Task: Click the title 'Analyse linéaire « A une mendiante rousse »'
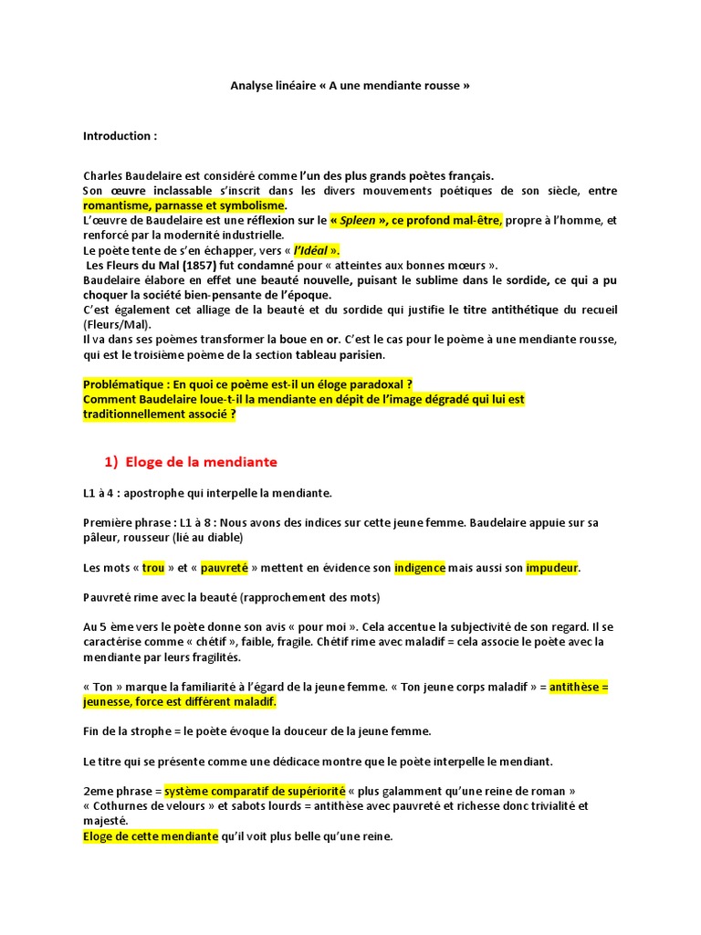click(350, 86)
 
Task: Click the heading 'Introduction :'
click(120, 136)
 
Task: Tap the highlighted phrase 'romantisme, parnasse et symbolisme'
click(184, 205)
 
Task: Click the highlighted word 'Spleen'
click(358, 220)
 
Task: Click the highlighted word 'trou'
click(153, 568)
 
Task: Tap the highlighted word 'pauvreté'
click(225, 568)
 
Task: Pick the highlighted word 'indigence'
click(420, 568)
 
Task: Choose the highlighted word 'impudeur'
click(552, 568)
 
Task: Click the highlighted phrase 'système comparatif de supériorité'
click(255, 791)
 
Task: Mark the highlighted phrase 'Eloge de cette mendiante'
click(151, 835)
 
